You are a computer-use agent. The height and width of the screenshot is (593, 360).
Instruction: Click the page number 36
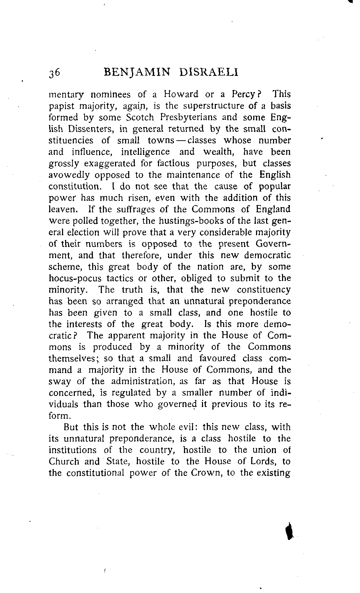pos(55,72)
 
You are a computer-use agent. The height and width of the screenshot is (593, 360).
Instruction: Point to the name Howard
pos(181,95)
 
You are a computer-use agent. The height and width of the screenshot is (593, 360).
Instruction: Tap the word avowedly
pos(70,175)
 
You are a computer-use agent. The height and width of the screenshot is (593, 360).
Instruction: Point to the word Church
pos(64,462)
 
